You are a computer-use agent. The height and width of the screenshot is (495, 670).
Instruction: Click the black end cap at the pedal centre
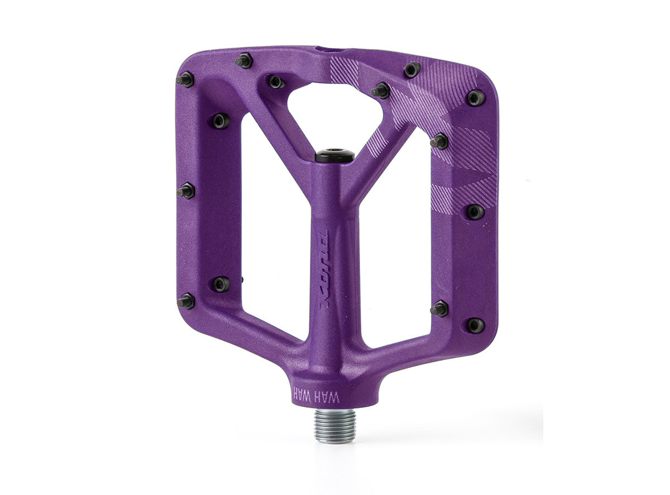point(334,155)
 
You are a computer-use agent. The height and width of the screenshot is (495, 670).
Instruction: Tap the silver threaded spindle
point(335,425)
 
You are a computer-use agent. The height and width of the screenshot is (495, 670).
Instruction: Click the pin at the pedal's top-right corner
point(476,98)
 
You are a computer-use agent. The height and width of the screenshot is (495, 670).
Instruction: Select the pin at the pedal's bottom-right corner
point(476,325)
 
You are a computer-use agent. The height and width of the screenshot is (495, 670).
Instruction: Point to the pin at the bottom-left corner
point(185,301)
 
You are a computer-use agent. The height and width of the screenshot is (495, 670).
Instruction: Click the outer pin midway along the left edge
point(186,191)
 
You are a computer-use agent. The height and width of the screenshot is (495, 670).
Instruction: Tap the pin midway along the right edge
point(475,212)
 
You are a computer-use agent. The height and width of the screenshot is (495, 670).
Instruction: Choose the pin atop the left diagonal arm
point(276,81)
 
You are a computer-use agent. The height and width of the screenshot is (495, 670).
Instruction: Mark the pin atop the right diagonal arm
point(381,90)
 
